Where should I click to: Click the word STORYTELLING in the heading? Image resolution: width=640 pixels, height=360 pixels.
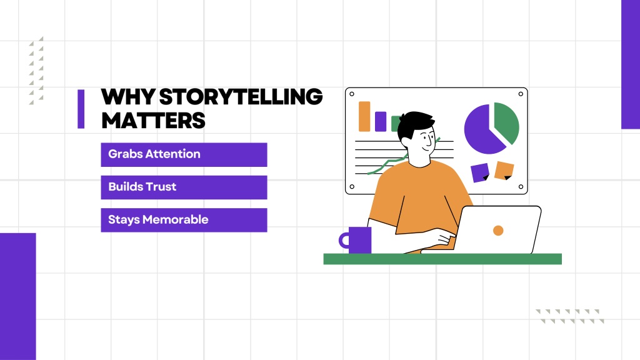[241, 97]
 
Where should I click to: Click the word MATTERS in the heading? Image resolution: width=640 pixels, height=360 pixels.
[154, 121]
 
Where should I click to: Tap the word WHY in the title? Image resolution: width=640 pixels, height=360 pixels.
[127, 97]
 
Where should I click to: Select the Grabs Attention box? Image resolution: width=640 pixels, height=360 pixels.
[184, 155]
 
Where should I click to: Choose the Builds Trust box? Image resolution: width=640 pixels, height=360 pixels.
[184, 187]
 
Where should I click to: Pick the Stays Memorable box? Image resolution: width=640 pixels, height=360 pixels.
[184, 220]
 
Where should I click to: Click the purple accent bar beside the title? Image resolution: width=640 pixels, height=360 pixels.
[81, 109]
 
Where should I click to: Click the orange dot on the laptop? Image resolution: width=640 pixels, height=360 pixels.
[498, 231]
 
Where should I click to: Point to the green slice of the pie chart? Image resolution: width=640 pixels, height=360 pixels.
[507, 122]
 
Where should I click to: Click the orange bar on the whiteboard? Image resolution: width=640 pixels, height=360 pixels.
[364, 116]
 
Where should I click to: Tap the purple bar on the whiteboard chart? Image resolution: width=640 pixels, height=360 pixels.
[381, 122]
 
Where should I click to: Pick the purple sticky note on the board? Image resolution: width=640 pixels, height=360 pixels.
[480, 172]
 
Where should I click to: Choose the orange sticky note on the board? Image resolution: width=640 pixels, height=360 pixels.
[504, 170]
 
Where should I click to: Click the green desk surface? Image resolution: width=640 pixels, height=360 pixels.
[442, 259]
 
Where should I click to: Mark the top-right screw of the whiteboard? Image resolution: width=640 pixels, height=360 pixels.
[521, 94]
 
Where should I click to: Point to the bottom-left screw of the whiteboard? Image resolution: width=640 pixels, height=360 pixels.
[352, 187]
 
